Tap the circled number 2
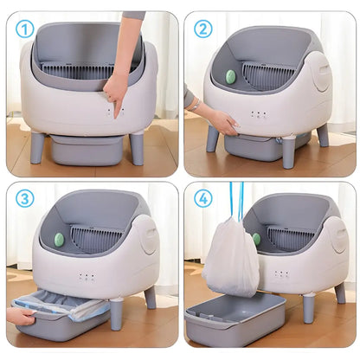click(202, 28)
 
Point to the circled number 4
click(202, 198)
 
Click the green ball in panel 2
click(230, 76)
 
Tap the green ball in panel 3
click(58, 240)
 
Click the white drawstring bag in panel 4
click(230, 257)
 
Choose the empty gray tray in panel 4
click(235, 318)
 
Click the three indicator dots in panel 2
click(258, 113)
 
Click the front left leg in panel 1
click(37, 147)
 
